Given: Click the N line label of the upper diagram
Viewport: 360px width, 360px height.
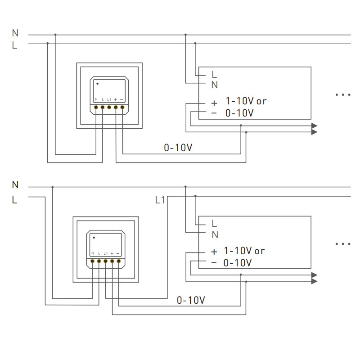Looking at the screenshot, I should click(x=15, y=33).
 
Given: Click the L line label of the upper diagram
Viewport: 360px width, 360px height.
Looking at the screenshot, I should click(x=15, y=45).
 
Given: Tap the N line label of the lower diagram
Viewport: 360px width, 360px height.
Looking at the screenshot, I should click(x=15, y=185).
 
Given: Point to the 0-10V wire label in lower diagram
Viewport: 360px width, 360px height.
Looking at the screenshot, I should click(x=191, y=300).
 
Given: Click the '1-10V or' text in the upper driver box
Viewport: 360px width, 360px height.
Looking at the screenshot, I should click(x=246, y=101).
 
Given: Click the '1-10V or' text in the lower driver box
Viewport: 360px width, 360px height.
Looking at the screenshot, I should click(x=244, y=251).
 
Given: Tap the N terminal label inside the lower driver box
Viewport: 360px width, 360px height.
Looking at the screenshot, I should click(x=215, y=234).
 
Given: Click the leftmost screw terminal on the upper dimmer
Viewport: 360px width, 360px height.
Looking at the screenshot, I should click(x=96, y=108).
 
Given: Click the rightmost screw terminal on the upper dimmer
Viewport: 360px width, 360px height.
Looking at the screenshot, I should click(x=122, y=108).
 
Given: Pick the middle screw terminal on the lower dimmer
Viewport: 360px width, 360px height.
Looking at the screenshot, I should click(x=105, y=261).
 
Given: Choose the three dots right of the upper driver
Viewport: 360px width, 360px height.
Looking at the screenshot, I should click(x=343, y=94).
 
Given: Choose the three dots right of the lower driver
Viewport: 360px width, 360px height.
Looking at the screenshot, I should click(x=343, y=244).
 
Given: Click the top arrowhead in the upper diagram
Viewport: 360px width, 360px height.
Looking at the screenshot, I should click(x=315, y=126).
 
